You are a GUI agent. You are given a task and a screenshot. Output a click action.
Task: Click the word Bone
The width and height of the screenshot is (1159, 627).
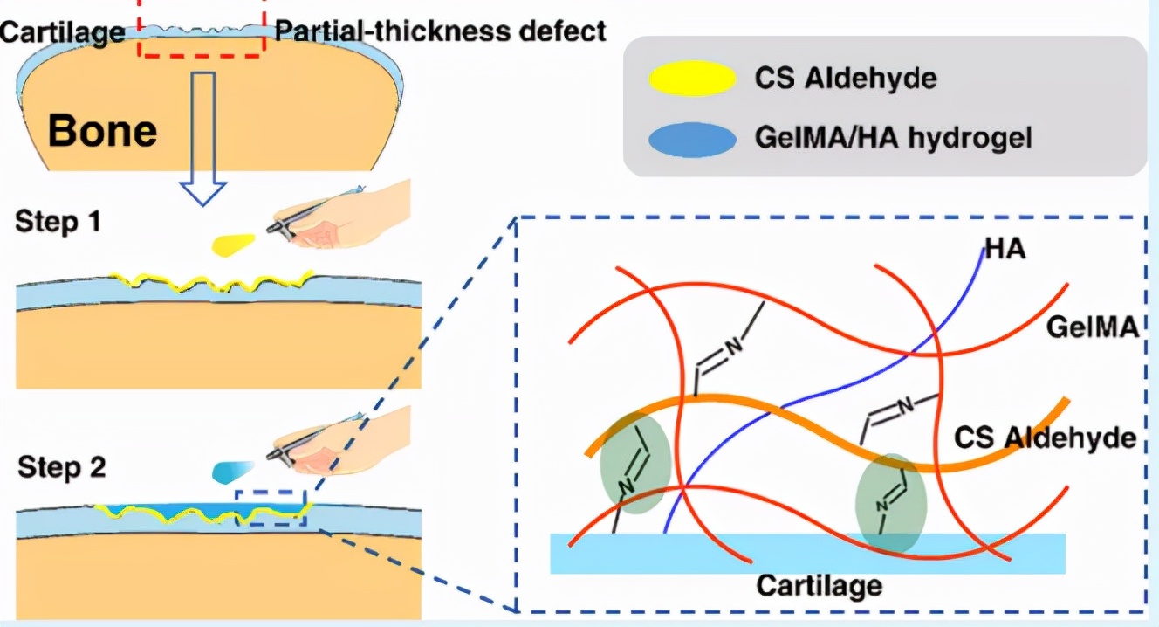pos(103,131)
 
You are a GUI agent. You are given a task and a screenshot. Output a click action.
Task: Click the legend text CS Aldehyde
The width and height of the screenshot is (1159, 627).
pos(845,79)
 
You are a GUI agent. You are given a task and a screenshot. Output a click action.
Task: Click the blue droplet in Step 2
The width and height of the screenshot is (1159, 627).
pos(233,471)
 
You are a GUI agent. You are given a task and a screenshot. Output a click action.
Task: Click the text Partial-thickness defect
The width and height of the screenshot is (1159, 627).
pos(440,31)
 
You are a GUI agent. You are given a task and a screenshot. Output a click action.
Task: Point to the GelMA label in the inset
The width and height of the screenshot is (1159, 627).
pos(1094,329)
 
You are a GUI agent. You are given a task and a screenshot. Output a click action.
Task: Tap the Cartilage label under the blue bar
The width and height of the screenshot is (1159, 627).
pos(819,584)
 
